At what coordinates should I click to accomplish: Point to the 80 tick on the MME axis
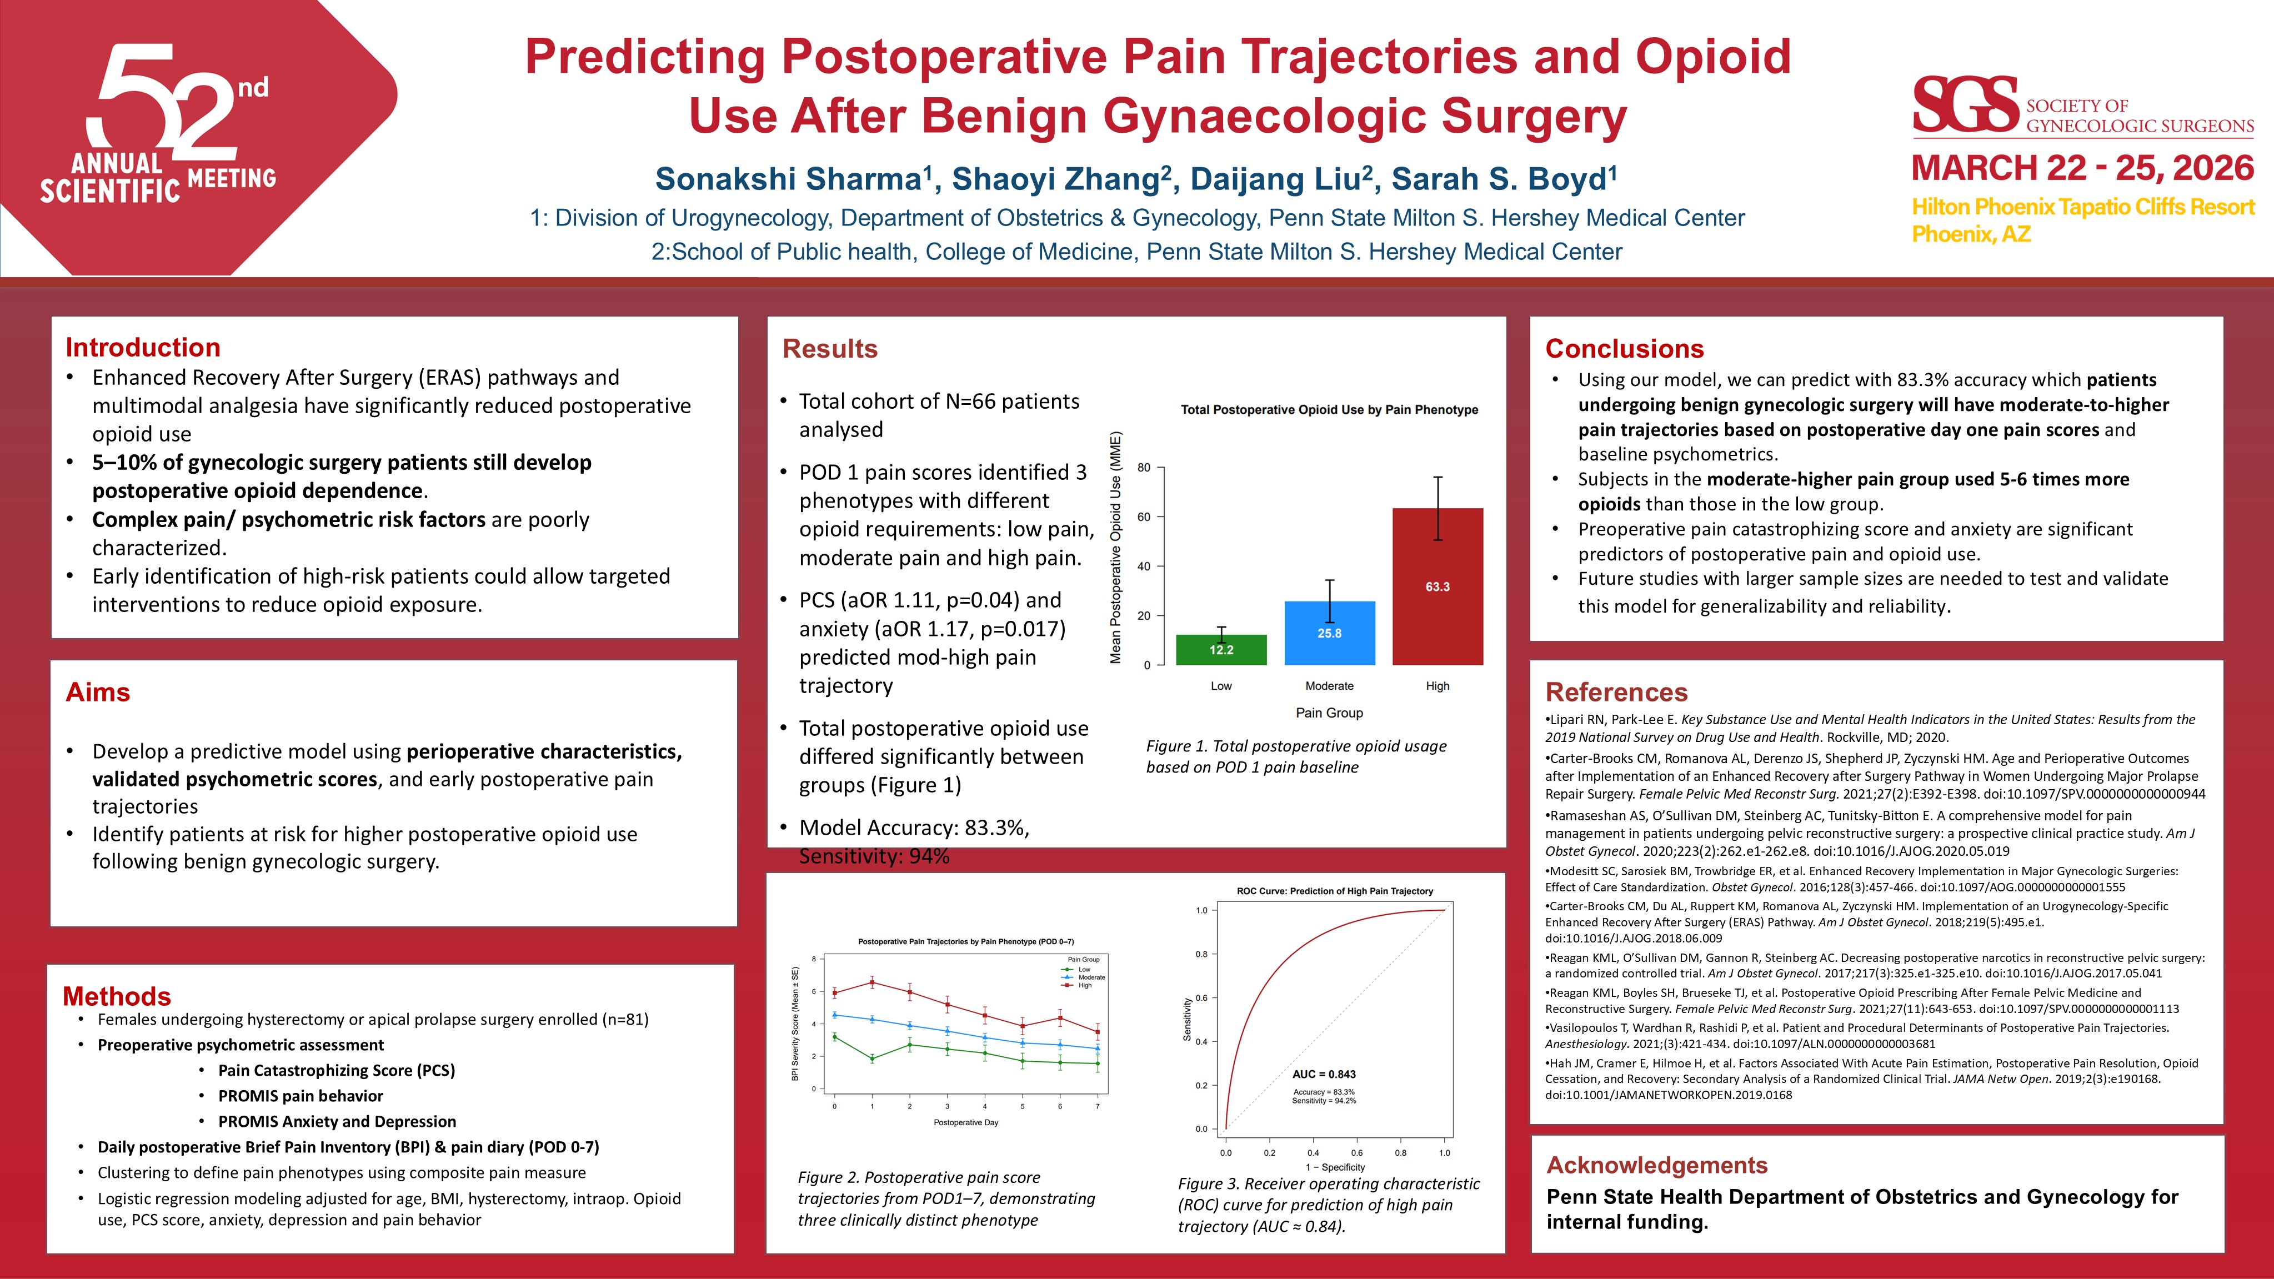(x=1144, y=467)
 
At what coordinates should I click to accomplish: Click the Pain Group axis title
(x=1329, y=713)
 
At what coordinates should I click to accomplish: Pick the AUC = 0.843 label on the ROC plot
(x=1323, y=1074)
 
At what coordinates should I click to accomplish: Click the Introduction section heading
(x=143, y=347)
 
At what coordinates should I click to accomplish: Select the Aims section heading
(x=98, y=692)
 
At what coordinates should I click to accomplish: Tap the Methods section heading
(x=117, y=996)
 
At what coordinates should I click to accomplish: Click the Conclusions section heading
(x=1624, y=349)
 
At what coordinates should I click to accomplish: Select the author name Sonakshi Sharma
(x=788, y=179)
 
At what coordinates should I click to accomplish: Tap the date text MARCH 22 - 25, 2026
(x=2082, y=168)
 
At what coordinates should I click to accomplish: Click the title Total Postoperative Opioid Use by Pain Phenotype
(x=1329, y=409)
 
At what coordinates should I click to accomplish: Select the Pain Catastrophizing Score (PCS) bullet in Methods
(x=337, y=1070)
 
